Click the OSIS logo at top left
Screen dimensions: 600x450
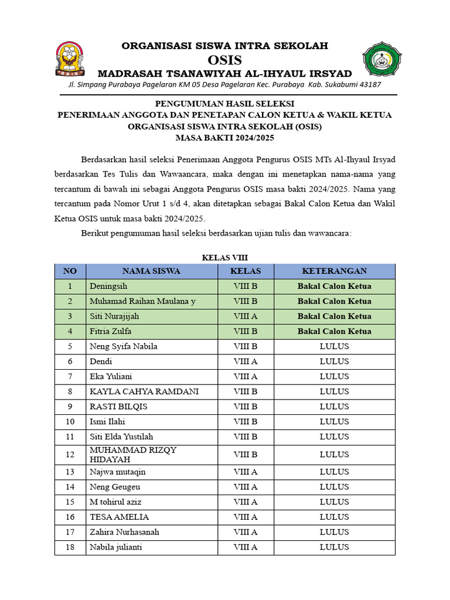point(70,59)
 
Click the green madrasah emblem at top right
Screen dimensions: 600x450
point(382,60)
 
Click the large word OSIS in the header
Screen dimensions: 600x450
point(225,60)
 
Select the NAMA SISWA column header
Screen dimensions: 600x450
point(151,271)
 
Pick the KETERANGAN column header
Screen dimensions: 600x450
point(334,271)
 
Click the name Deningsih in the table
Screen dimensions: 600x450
point(108,287)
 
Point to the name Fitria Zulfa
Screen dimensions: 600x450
point(110,331)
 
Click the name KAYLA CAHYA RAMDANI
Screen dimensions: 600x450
point(144,391)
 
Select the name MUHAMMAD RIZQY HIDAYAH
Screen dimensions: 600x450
point(133,455)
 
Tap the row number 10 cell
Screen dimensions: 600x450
point(70,422)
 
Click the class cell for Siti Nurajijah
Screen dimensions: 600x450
point(246,316)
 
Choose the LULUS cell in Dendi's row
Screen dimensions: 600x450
point(334,362)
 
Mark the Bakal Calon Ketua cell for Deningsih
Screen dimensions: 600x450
point(334,287)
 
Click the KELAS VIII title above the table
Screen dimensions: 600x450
point(225,257)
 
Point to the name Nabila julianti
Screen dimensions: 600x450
point(115,547)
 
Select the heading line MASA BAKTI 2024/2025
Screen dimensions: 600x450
point(225,138)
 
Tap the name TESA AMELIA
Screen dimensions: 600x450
point(119,517)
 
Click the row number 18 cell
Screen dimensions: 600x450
point(70,547)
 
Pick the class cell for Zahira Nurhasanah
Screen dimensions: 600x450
point(246,532)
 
